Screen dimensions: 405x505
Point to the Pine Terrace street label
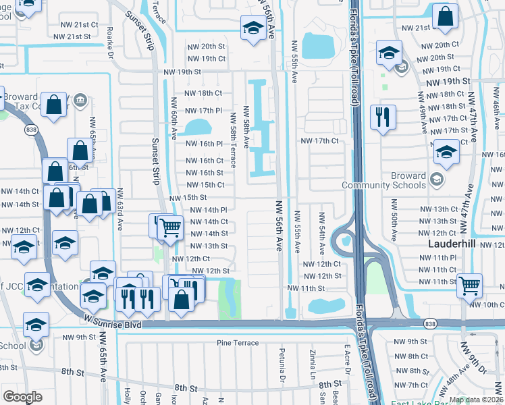click(238, 343)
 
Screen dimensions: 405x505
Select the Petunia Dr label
click(282, 361)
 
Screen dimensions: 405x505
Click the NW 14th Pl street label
click(209, 210)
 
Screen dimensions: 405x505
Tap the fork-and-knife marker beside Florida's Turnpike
click(382, 117)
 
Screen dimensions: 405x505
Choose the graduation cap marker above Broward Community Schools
click(446, 152)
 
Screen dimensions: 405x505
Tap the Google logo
click(23, 396)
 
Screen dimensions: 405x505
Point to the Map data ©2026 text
click(477, 400)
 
